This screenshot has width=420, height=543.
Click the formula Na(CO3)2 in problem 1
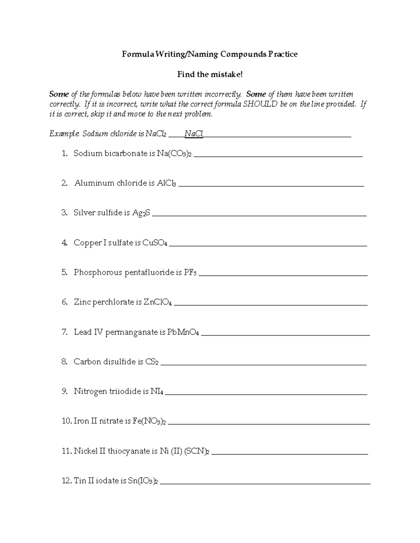(175, 153)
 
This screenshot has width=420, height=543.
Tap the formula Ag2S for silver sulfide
(141, 213)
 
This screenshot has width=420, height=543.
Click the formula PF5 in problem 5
(190, 272)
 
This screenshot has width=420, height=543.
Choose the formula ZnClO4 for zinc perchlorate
(157, 302)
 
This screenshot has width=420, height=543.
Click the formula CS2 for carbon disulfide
(152, 362)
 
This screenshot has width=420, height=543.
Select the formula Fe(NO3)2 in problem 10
(149, 421)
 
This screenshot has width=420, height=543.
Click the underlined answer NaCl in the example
(194, 134)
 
